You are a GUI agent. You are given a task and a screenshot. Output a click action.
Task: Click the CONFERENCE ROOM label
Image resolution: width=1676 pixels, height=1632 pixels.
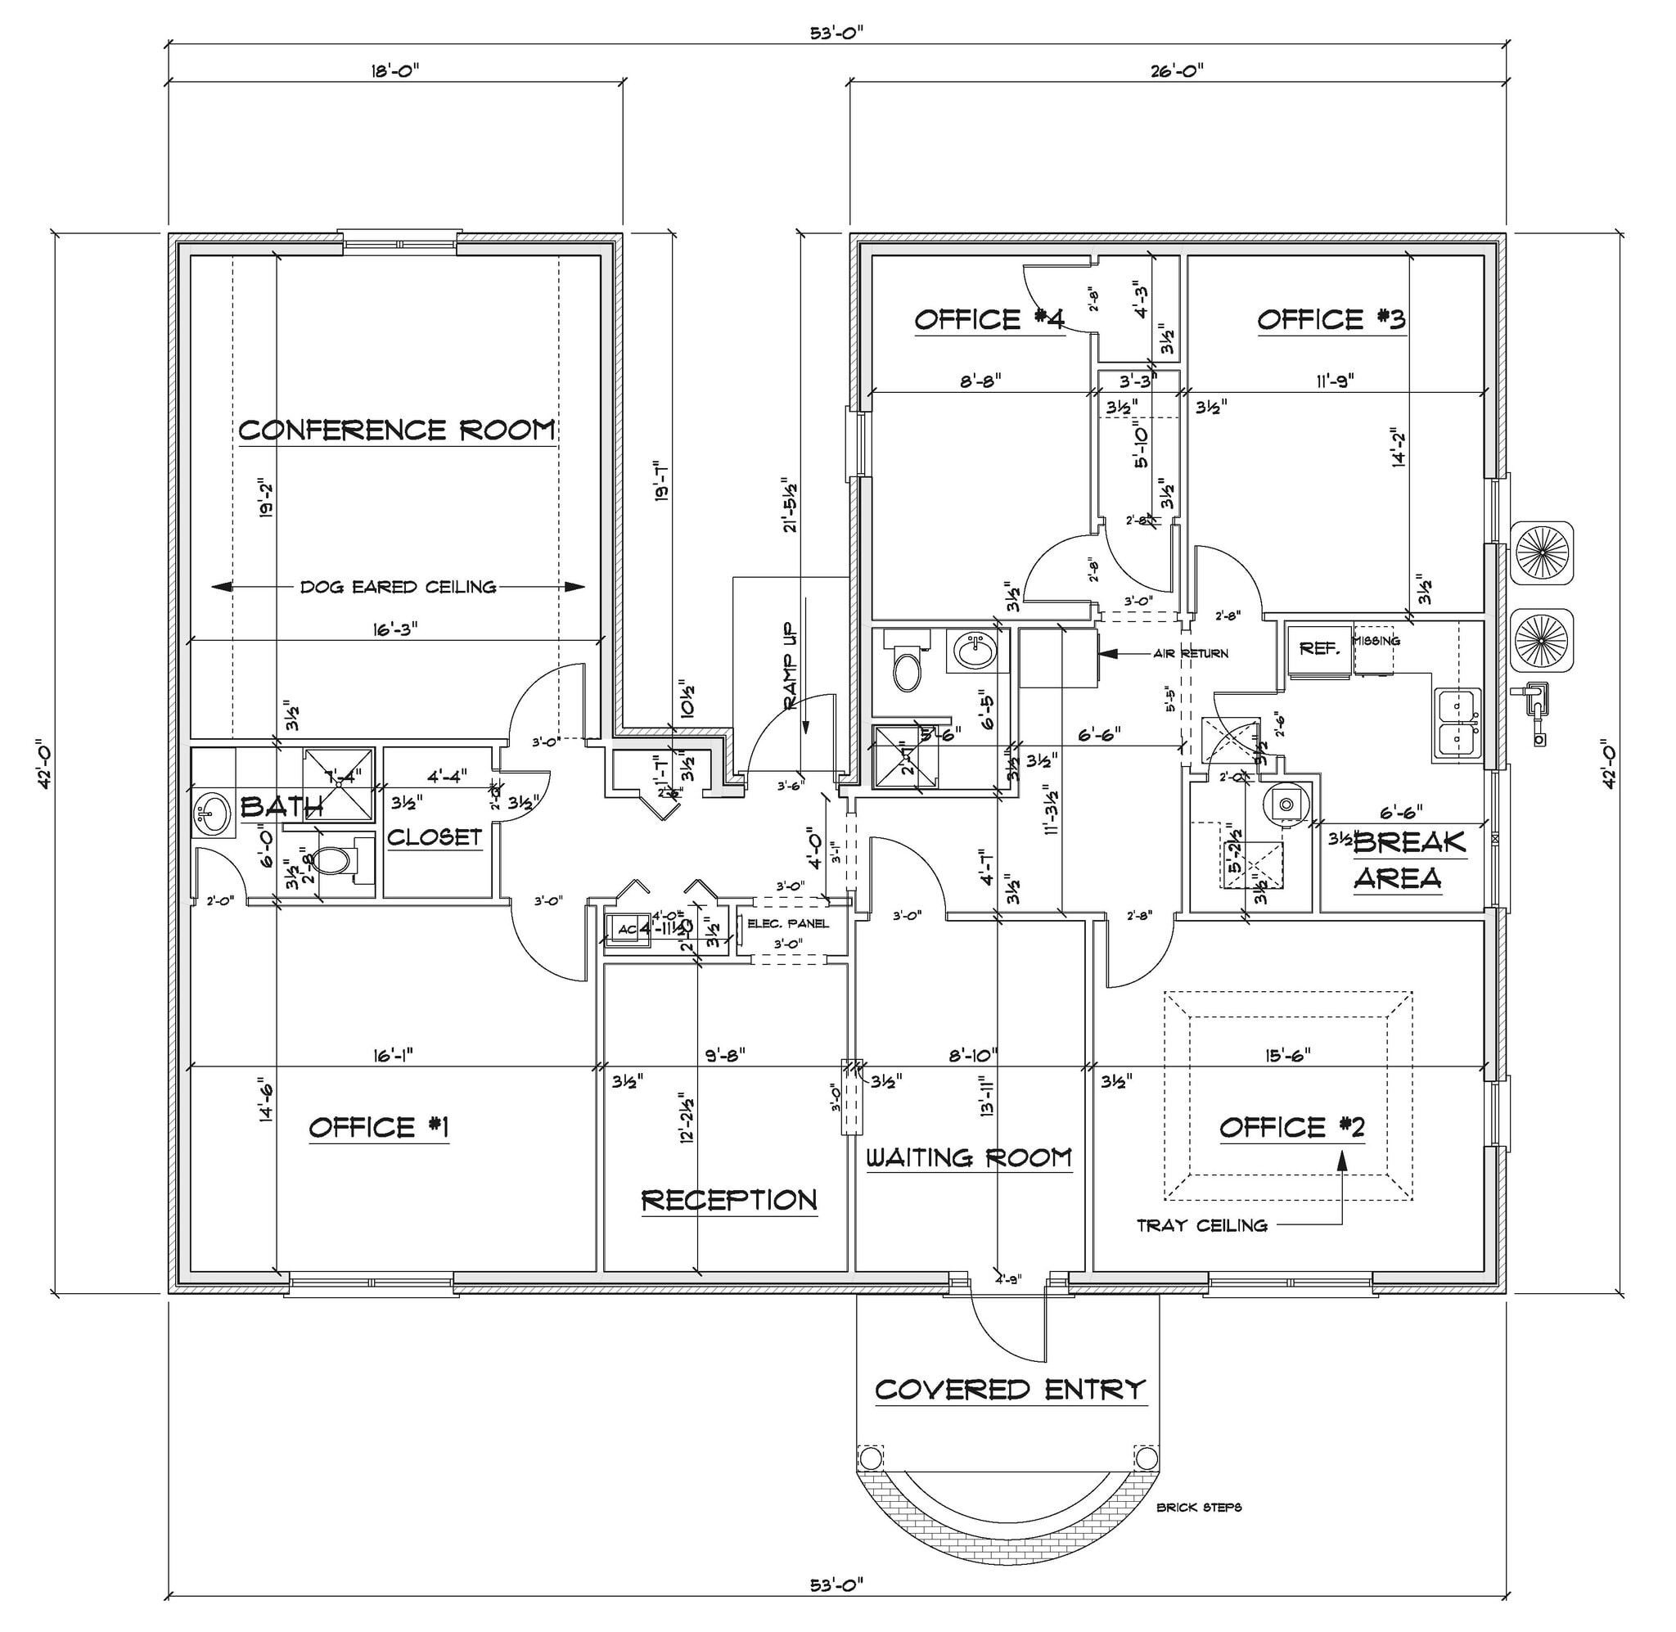coord(397,430)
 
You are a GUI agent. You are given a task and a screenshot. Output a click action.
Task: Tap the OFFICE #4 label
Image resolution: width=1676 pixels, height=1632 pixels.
coord(989,320)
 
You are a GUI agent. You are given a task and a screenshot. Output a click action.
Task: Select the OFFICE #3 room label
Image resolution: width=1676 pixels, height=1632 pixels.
coord(1331,320)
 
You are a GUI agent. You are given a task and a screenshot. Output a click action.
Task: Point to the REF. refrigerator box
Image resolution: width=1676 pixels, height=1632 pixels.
coord(1318,649)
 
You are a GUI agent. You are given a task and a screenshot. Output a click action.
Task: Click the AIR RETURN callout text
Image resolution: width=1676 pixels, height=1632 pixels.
coord(1190,653)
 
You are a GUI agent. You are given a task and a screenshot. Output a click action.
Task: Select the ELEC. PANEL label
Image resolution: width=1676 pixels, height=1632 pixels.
coord(788,923)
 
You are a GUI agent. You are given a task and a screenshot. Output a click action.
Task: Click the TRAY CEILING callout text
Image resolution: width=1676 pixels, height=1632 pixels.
coord(1201,1225)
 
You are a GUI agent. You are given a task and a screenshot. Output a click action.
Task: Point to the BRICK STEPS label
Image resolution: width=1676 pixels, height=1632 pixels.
coord(1199,1507)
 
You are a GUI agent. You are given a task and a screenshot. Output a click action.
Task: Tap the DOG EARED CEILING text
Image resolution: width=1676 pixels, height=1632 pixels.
coord(398,587)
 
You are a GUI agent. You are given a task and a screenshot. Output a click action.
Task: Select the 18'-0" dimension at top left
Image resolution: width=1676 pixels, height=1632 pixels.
coord(395,71)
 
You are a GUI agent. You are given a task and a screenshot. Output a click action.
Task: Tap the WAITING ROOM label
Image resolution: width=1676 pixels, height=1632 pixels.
coord(968,1158)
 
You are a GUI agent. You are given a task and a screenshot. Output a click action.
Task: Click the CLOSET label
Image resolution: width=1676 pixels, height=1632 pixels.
coord(435,836)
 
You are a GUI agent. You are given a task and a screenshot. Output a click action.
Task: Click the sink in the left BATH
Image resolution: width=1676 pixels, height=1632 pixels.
coord(212,814)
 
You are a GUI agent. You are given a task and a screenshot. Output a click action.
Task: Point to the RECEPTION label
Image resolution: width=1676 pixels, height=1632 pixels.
coord(729,1200)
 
